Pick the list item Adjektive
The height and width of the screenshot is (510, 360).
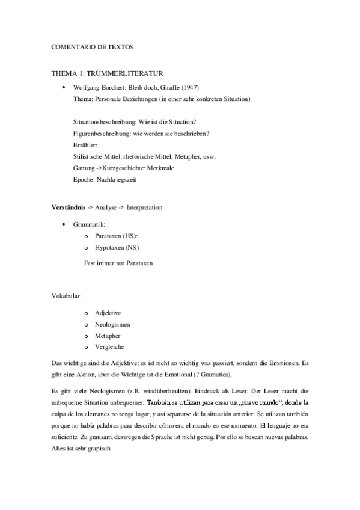point(108,313)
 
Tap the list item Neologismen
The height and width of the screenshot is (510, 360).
point(112,325)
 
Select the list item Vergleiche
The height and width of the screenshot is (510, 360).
point(109,347)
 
